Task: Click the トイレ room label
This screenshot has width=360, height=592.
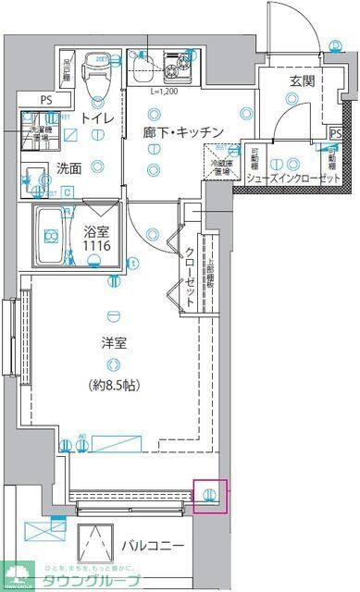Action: (x=97, y=119)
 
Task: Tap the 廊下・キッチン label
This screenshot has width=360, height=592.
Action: (x=181, y=132)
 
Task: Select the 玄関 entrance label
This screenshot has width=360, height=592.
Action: (x=302, y=82)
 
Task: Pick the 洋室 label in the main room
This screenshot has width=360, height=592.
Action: (x=114, y=343)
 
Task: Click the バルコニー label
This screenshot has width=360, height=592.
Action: (x=151, y=546)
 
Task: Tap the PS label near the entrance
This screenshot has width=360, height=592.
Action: (x=335, y=133)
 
